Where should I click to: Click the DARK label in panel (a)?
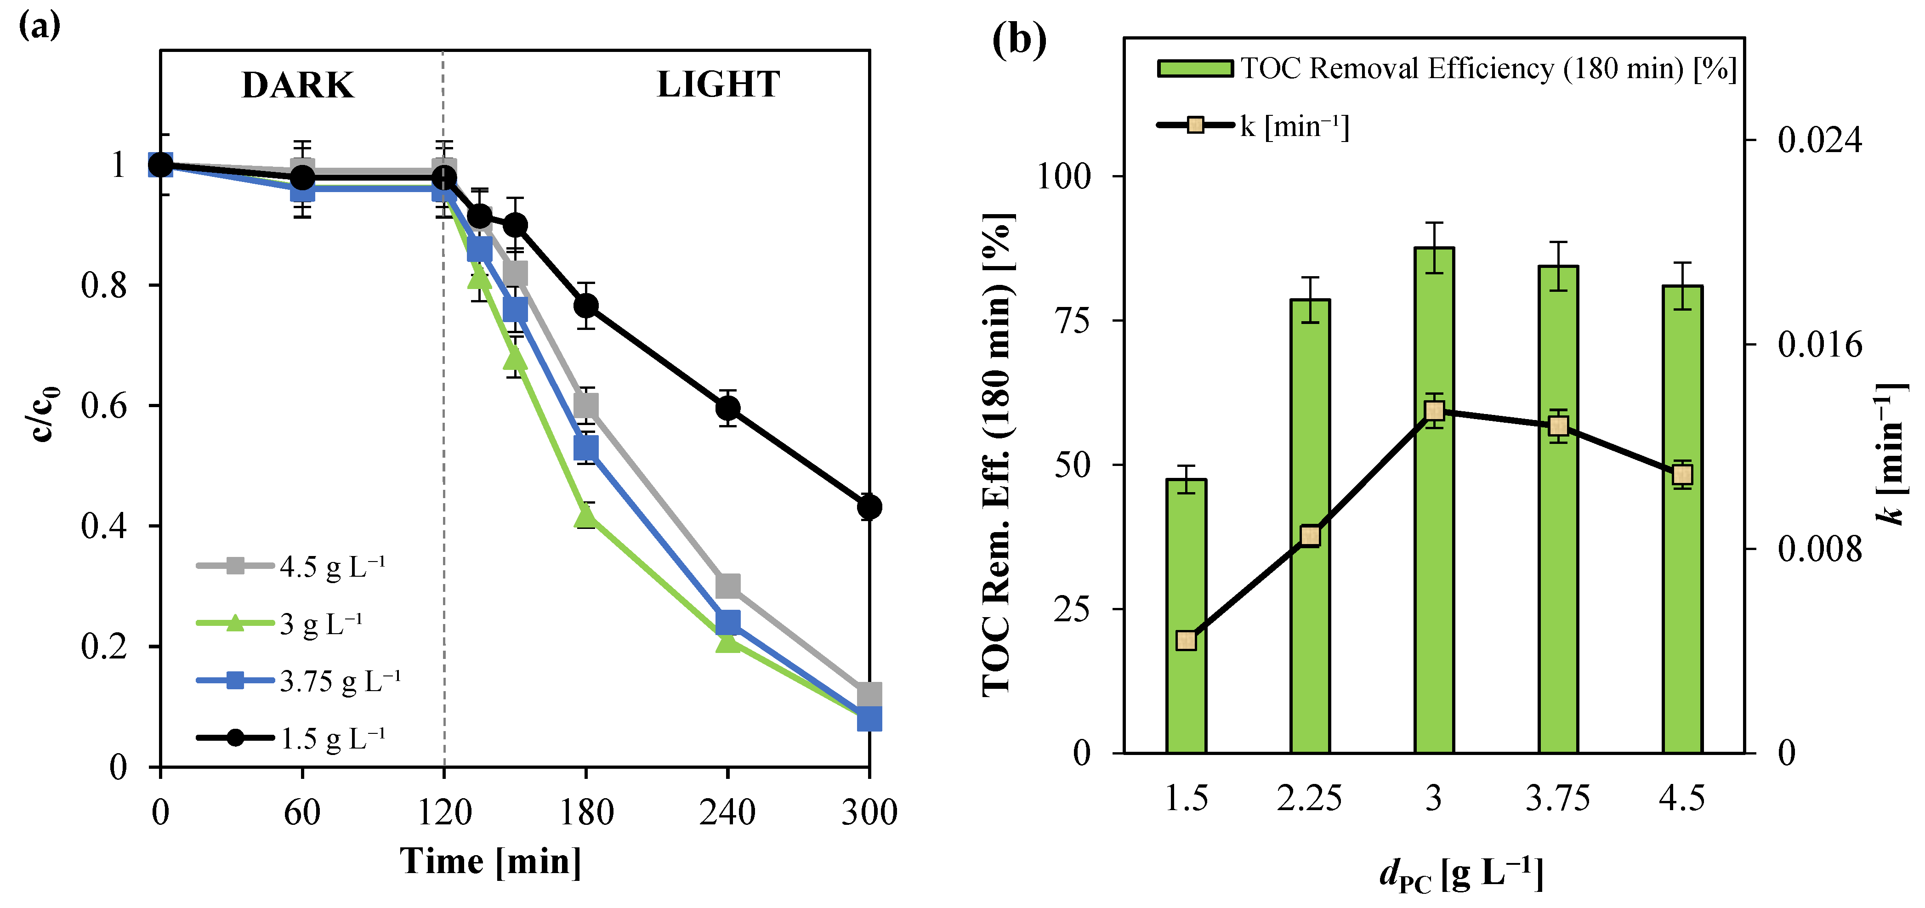(x=297, y=85)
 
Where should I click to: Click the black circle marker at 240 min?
(x=727, y=408)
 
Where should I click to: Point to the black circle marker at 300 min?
(x=869, y=507)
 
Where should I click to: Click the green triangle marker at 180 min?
(x=586, y=516)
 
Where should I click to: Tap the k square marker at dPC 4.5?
(x=1682, y=475)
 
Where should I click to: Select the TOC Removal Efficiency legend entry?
(x=1446, y=69)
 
